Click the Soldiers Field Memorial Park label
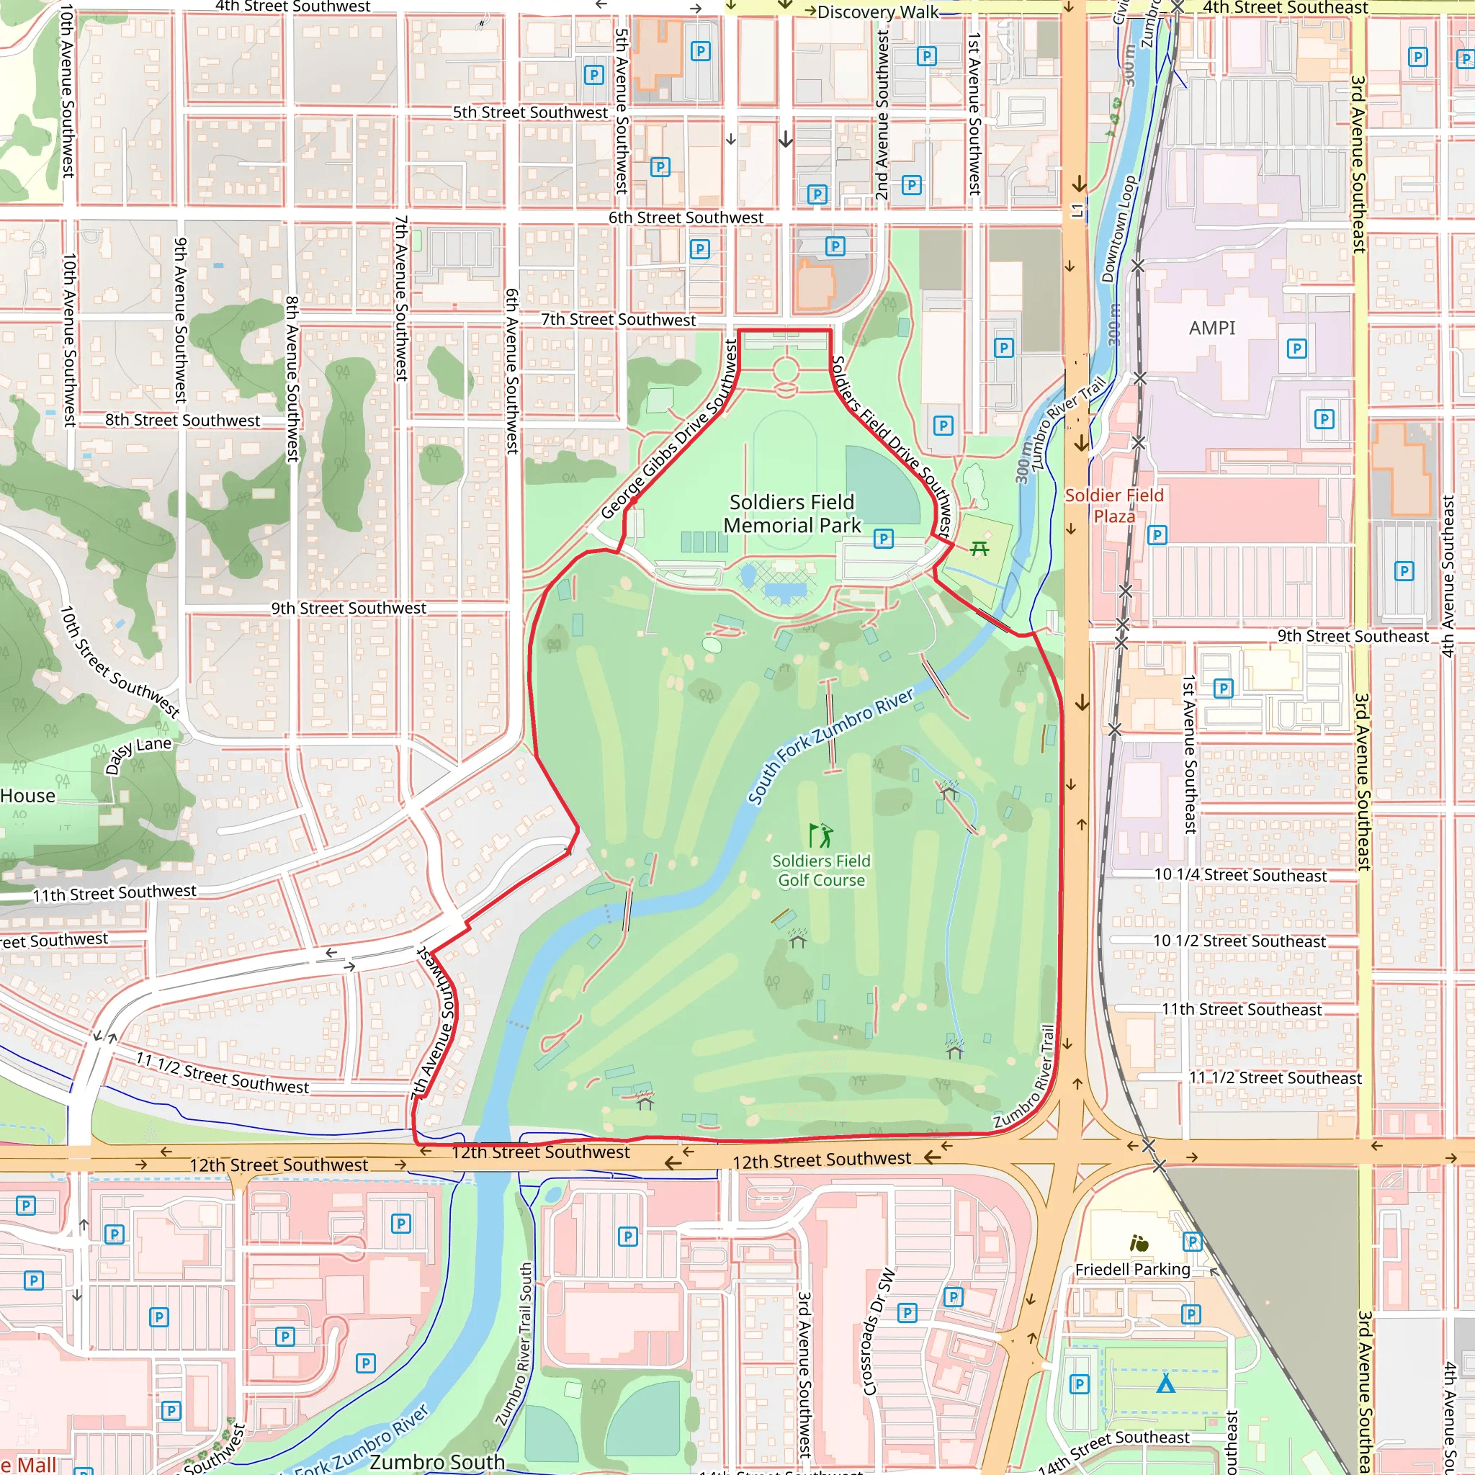pos(792,514)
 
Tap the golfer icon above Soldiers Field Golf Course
pos(821,835)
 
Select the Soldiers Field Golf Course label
pos(821,870)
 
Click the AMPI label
pos(1211,328)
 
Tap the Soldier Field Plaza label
pos(1114,506)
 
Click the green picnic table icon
pos(979,548)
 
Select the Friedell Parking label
pos(1132,1269)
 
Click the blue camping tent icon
pos(1165,1384)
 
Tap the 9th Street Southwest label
pos(349,609)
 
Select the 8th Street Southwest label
pos(182,421)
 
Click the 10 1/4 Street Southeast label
pos(1240,876)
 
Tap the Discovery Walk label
pos(877,12)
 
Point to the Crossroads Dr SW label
pos(878,1332)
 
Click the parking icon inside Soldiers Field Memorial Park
pos(883,539)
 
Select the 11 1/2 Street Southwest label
pos(222,1072)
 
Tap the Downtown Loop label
pos(1118,229)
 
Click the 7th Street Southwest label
pos(619,320)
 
